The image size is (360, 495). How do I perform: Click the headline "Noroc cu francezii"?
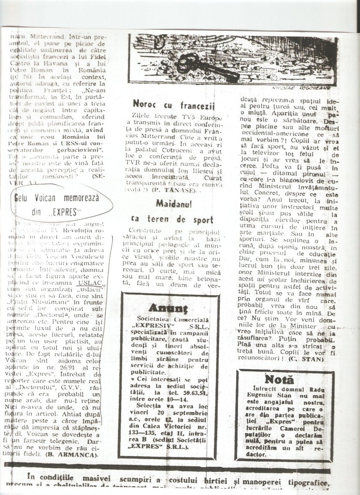click(x=173, y=104)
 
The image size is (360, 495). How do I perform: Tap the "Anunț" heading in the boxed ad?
click(x=170, y=309)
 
